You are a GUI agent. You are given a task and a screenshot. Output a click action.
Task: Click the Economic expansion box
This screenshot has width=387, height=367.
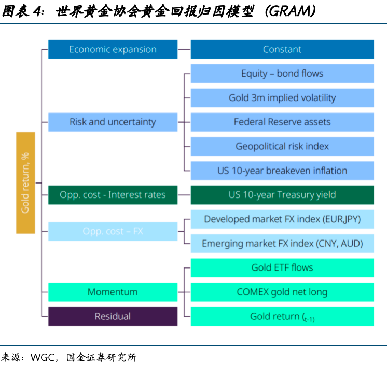[113, 49]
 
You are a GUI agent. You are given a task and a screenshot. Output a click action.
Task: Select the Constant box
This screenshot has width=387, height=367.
[282, 49]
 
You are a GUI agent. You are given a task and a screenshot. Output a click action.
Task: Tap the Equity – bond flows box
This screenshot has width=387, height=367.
[282, 74]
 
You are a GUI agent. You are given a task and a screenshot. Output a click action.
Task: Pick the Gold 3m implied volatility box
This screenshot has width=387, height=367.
[282, 98]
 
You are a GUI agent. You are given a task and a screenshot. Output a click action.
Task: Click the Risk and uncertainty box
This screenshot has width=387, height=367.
[113, 122]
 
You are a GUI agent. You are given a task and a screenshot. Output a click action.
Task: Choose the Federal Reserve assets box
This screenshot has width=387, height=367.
[282, 122]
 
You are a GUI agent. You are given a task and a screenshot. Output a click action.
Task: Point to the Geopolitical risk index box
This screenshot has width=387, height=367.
[282, 146]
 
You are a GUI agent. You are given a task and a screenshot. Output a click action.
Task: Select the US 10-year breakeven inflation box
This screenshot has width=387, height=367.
[282, 171]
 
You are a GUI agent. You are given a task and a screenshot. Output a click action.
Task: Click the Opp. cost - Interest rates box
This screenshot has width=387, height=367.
[113, 195]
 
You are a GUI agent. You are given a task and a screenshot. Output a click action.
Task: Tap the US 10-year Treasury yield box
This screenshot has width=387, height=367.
[282, 195]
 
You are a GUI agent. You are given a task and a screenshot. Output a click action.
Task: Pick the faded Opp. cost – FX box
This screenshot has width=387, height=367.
[113, 231]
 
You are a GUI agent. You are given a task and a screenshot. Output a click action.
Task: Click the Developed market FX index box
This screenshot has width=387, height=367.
[282, 219]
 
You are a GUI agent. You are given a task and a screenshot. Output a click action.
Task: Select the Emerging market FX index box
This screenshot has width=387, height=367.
[282, 243]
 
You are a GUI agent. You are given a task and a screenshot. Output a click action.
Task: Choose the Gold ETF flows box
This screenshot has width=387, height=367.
[282, 267]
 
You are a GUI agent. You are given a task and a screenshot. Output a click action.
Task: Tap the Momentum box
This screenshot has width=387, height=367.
[113, 292]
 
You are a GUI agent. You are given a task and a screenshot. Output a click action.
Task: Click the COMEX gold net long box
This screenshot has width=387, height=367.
[282, 292]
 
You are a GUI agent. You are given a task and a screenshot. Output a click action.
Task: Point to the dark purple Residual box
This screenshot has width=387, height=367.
[113, 316]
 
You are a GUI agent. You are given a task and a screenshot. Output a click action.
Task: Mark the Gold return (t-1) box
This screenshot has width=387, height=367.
[282, 316]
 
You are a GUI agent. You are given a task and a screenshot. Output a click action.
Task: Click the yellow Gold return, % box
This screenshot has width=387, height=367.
[25, 182]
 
